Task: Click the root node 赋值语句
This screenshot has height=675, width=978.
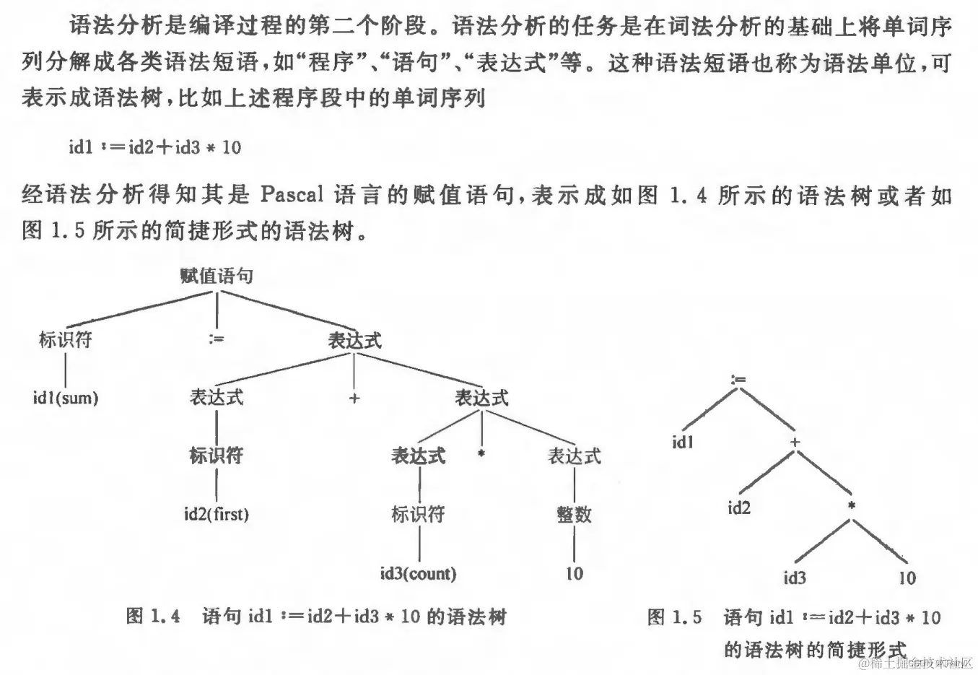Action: [216, 276]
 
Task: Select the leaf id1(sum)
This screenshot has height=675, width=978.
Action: [66, 397]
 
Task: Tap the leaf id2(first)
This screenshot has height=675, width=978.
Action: [216, 514]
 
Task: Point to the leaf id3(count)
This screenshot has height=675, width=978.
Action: [418, 573]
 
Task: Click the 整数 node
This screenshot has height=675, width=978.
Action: [574, 514]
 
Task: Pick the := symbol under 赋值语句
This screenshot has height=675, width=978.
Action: [216, 338]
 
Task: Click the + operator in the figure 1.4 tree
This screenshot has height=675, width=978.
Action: [354, 398]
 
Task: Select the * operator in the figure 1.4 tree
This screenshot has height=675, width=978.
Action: [481, 454]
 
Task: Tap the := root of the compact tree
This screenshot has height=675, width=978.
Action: [738, 380]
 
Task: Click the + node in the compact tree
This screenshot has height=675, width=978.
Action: [795, 442]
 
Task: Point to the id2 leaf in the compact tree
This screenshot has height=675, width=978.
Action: [739, 508]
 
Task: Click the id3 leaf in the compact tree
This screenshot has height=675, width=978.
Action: [795, 578]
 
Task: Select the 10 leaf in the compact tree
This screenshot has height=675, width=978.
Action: [907, 578]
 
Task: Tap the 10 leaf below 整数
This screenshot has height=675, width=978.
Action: [574, 573]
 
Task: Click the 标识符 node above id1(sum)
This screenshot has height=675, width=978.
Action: [66, 339]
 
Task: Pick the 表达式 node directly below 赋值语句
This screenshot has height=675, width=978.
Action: [354, 341]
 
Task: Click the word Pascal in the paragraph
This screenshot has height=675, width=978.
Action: [292, 195]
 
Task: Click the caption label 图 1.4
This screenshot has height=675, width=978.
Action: [153, 616]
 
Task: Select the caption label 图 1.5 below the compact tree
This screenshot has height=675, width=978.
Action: [674, 617]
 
